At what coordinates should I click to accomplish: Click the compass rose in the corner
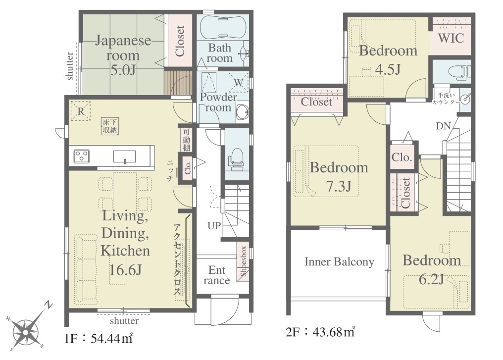pyautogui.click(x=28, y=328)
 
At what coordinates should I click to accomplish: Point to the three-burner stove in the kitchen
pyautogui.click(x=82, y=156)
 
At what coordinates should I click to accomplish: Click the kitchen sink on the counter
pyautogui.click(x=124, y=157)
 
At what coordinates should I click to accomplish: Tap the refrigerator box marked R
pyautogui.click(x=81, y=111)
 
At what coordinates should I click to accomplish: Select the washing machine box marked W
pyautogui.click(x=238, y=83)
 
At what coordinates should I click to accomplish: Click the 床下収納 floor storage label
pyautogui.click(x=110, y=126)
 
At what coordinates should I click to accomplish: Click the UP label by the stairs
pyautogui.click(x=214, y=226)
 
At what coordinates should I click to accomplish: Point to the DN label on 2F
pyautogui.click(x=443, y=126)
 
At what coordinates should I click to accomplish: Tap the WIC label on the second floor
pyautogui.click(x=451, y=39)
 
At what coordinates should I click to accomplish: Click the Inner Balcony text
pyautogui.click(x=339, y=262)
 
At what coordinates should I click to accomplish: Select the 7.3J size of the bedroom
pyautogui.click(x=339, y=186)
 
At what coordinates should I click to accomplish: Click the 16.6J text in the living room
pyautogui.click(x=125, y=270)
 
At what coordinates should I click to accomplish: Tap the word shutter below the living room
pyautogui.click(x=124, y=320)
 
